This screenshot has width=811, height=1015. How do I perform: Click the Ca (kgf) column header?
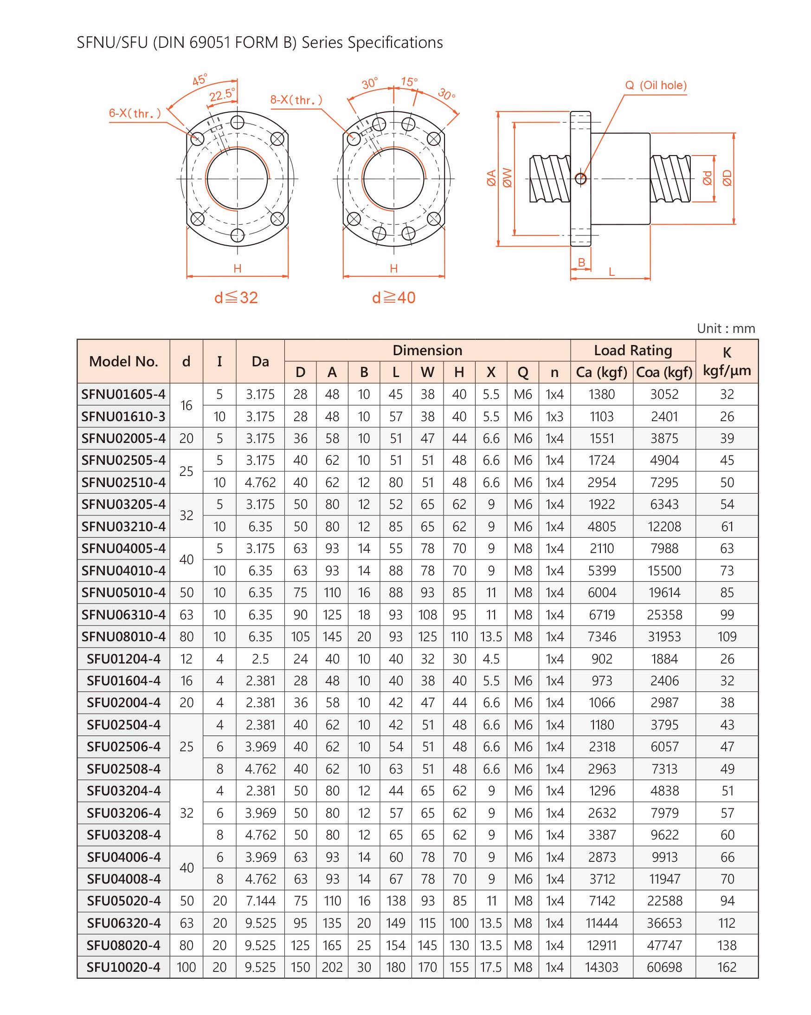click(x=601, y=372)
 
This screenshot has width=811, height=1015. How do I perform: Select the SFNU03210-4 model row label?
click(x=123, y=527)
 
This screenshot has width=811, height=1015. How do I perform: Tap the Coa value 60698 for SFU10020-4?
click(x=664, y=967)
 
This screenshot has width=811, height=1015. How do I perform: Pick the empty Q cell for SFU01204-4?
click(x=522, y=658)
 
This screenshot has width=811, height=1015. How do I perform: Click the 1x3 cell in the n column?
click(x=554, y=416)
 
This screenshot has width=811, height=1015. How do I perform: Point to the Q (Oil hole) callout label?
click(x=656, y=85)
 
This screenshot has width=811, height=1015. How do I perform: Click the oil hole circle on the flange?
click(x=581, y=178)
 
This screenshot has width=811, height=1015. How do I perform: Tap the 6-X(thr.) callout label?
click(x=135, y=113)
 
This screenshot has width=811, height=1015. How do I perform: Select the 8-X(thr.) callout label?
click(x=296, y=100)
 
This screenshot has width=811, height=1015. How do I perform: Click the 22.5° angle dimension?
click(x=222, y=95)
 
